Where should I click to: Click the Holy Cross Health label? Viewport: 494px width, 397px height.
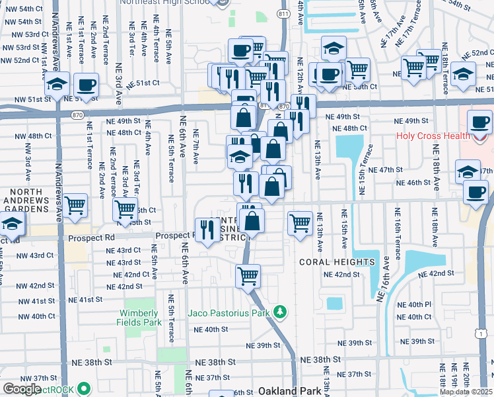(x=433, y=137)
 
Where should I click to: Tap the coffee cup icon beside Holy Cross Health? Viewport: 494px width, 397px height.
(x=479, y=123)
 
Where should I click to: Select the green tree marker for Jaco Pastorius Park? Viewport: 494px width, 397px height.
(x=281, y=311)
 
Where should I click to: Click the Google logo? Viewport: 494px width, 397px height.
(x=21, y=389)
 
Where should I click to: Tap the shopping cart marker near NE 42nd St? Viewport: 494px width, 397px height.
(x=248, y=275)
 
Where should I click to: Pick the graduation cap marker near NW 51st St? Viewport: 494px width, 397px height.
(x=57, y=85)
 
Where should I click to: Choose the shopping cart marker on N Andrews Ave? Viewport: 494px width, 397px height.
(x=75, y=206)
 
